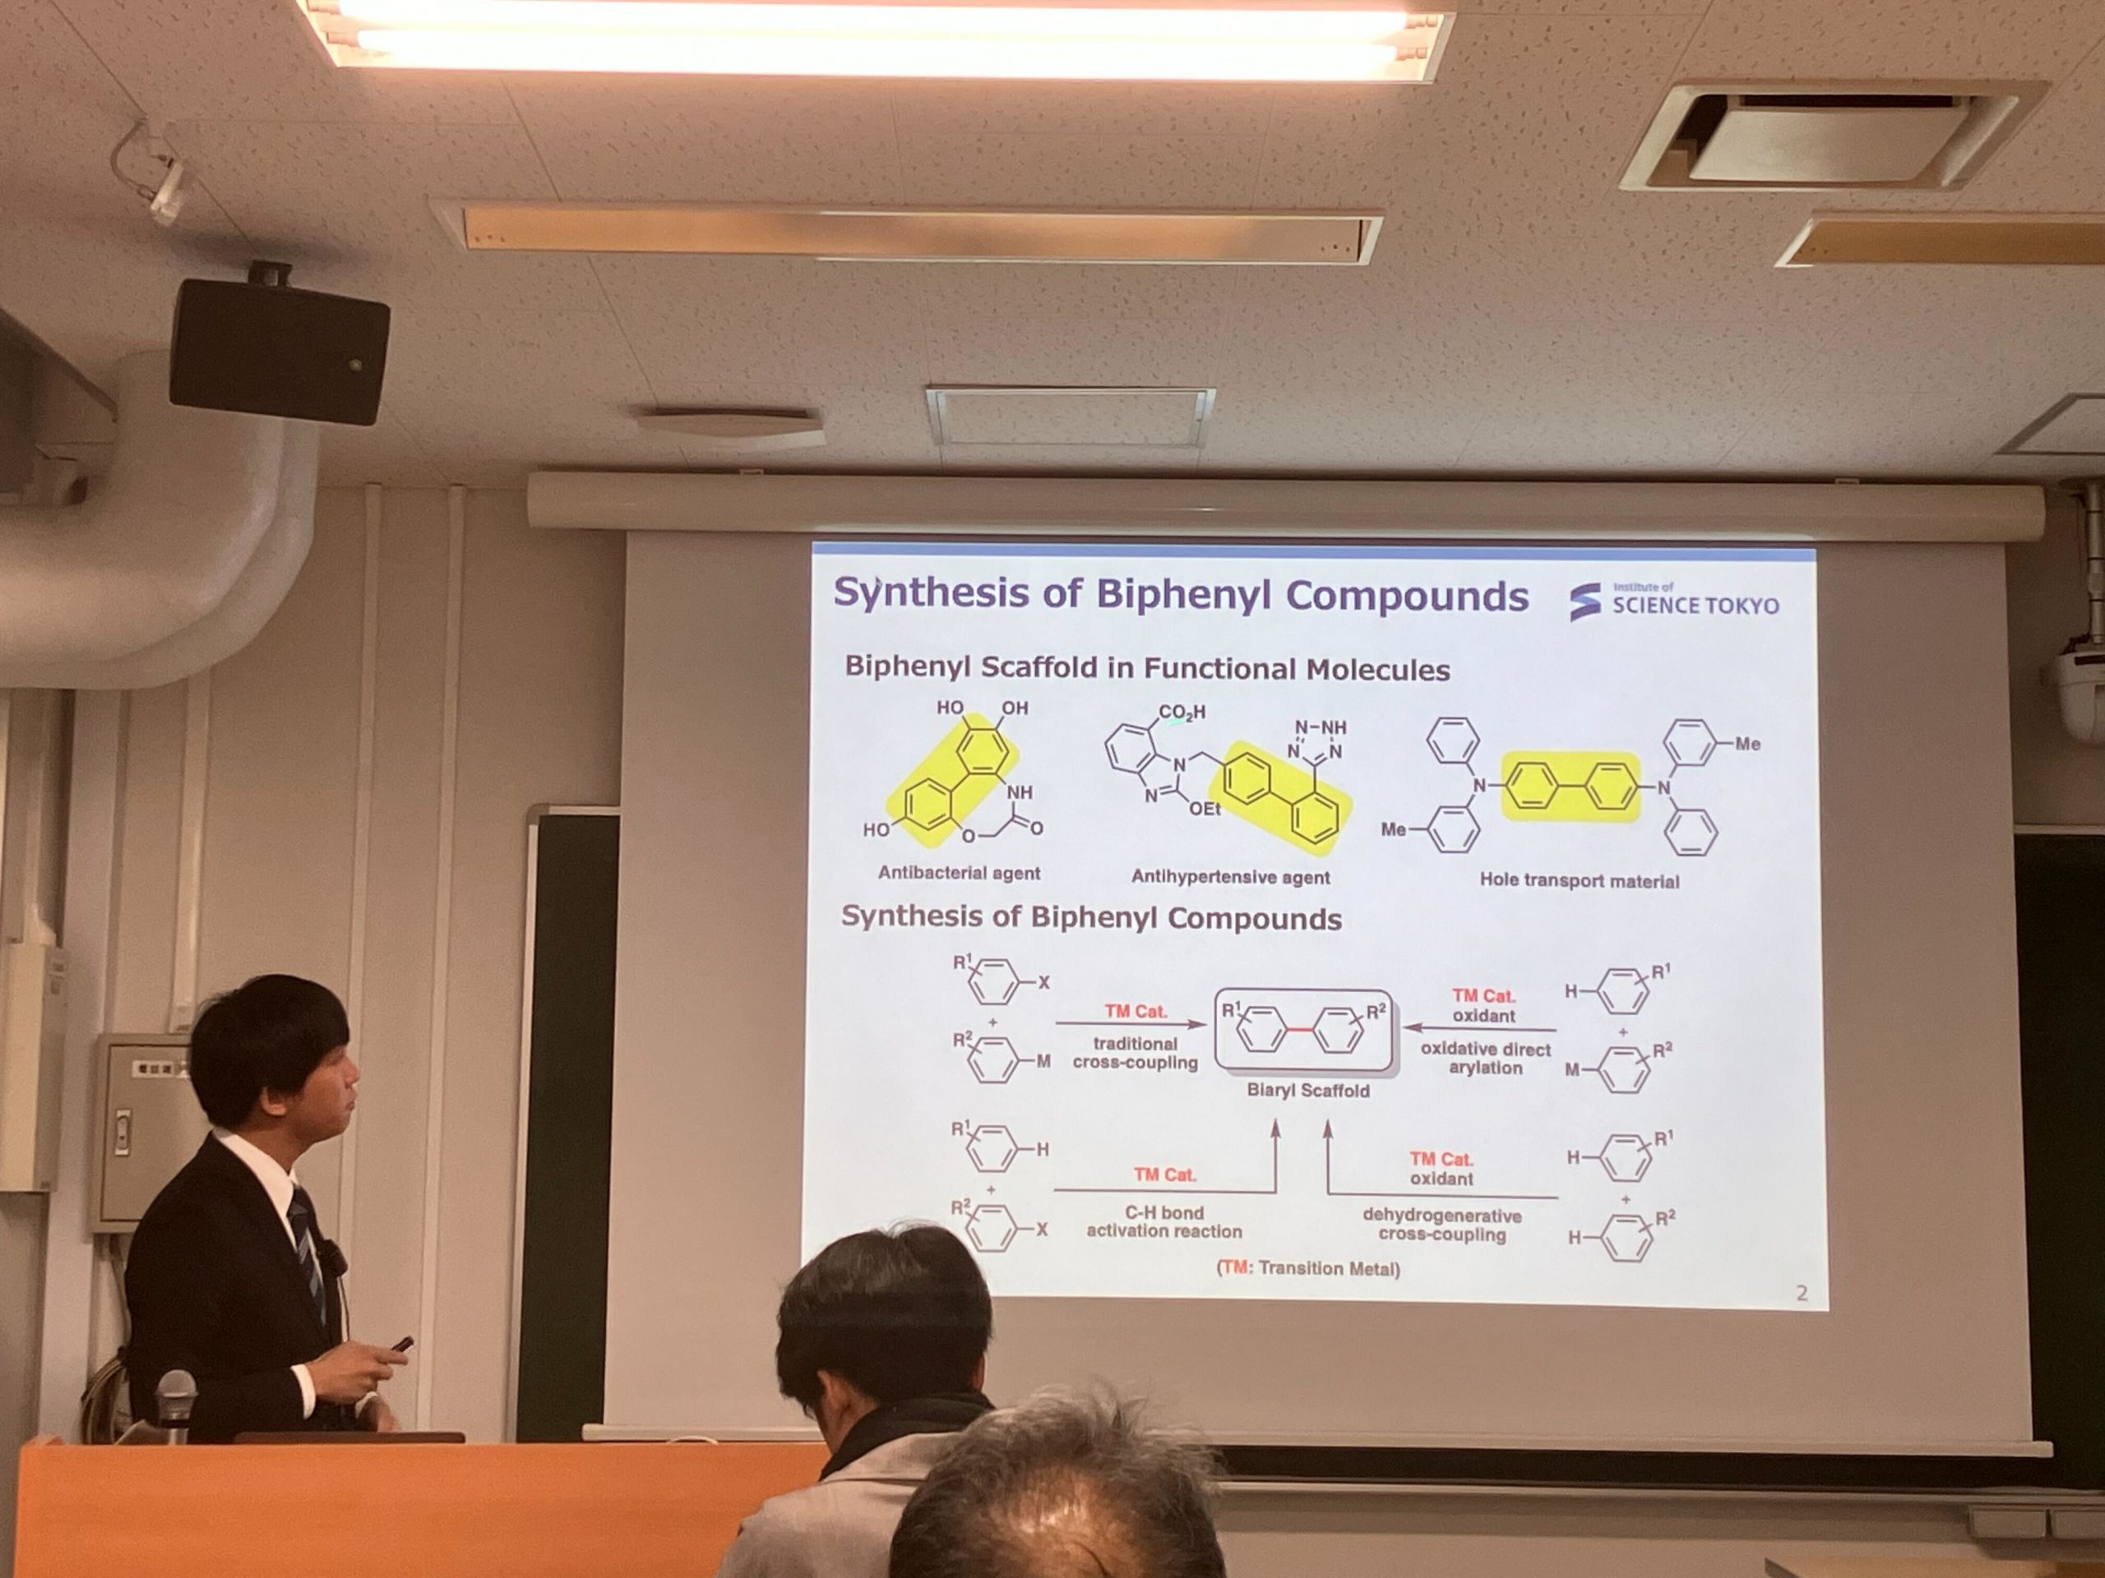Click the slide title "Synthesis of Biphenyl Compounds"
[x=1180, y=593]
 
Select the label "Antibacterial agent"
[x=960, y=872]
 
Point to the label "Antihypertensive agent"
[x=1230, y=877]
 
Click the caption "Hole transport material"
[x=1579, y=881]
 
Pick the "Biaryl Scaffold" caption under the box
[x=1308, y=1090]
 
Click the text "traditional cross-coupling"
[x=1136, y=1053]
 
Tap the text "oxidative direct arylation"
[x=1486, y=1058]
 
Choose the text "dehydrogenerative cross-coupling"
[x=1441, y=1225]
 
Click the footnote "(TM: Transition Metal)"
[x=1308, y=1268]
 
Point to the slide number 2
[x=1802, y=1293]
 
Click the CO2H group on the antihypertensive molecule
[x=1182, y=712]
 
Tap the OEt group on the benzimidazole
[x=1205, y=809]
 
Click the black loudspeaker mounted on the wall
[x=279, y=349]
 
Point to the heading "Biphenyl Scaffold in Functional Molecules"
[x=1147, y=667]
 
